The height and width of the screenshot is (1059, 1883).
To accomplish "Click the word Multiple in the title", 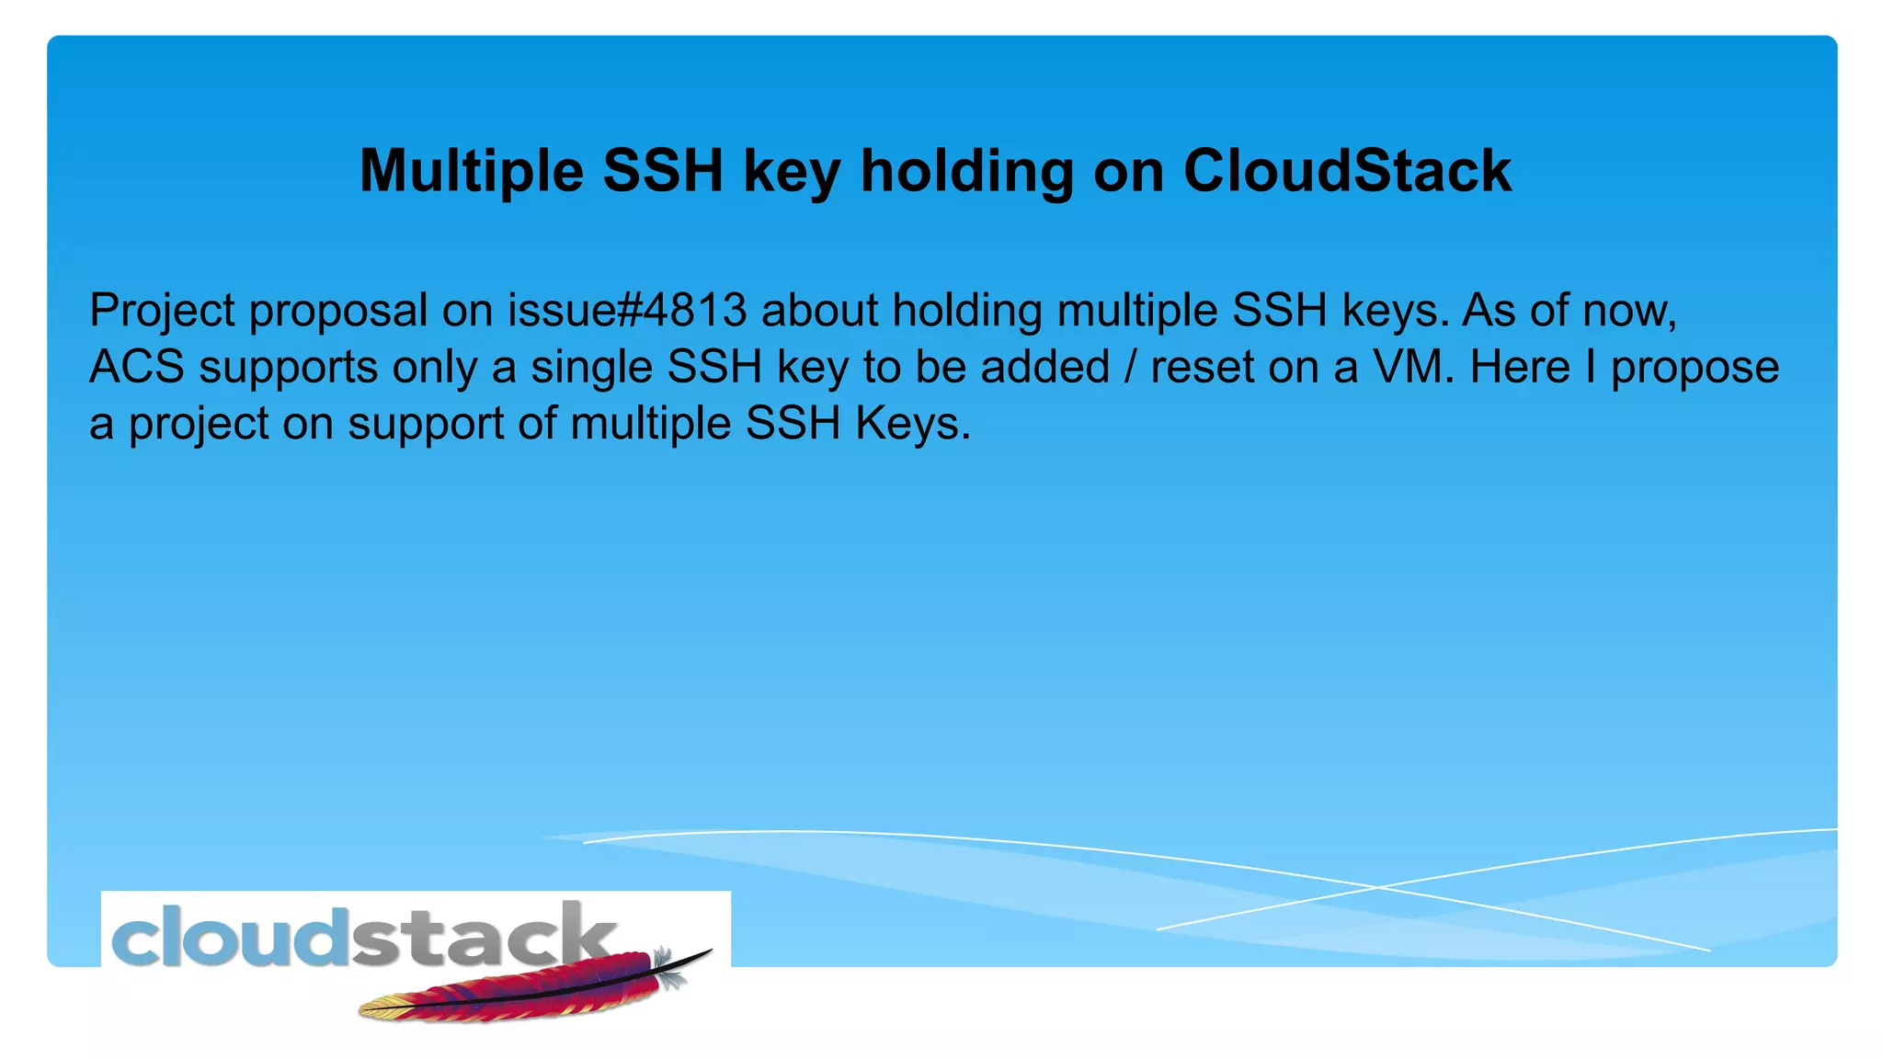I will click(x=471, y=172).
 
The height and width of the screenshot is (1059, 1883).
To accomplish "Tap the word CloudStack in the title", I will click(x=1347, y=172).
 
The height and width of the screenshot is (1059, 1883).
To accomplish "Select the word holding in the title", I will click(x=966, y=172).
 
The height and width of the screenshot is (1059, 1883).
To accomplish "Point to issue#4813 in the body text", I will click(x=627, y=311).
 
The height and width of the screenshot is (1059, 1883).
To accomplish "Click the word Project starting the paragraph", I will click(x=162, y=311).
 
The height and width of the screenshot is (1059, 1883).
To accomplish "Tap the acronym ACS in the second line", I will click(x=137, y=367).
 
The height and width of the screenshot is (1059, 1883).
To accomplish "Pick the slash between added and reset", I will click(x=1130, y=367).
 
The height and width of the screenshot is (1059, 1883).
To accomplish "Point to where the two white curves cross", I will click(x=1376, y=887).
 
